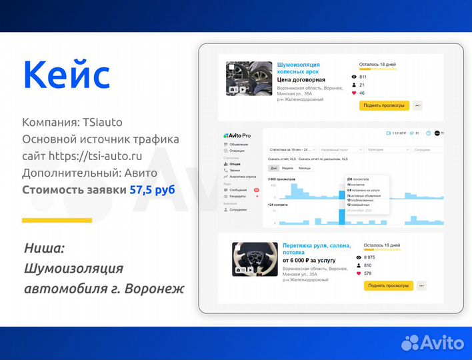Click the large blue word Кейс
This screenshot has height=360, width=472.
pos(67,75)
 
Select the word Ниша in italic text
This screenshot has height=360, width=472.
pos(45,249)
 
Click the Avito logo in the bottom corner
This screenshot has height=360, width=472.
pos(432,342)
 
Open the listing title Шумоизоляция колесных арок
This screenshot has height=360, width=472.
pos(298,68)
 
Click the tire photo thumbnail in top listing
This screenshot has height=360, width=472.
pos(249,79)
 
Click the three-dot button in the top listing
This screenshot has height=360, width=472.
pos(417,105)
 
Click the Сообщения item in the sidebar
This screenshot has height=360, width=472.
pos(238,189)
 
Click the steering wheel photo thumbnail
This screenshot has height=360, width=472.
pos(254,259)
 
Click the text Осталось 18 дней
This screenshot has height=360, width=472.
pos(377,65)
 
